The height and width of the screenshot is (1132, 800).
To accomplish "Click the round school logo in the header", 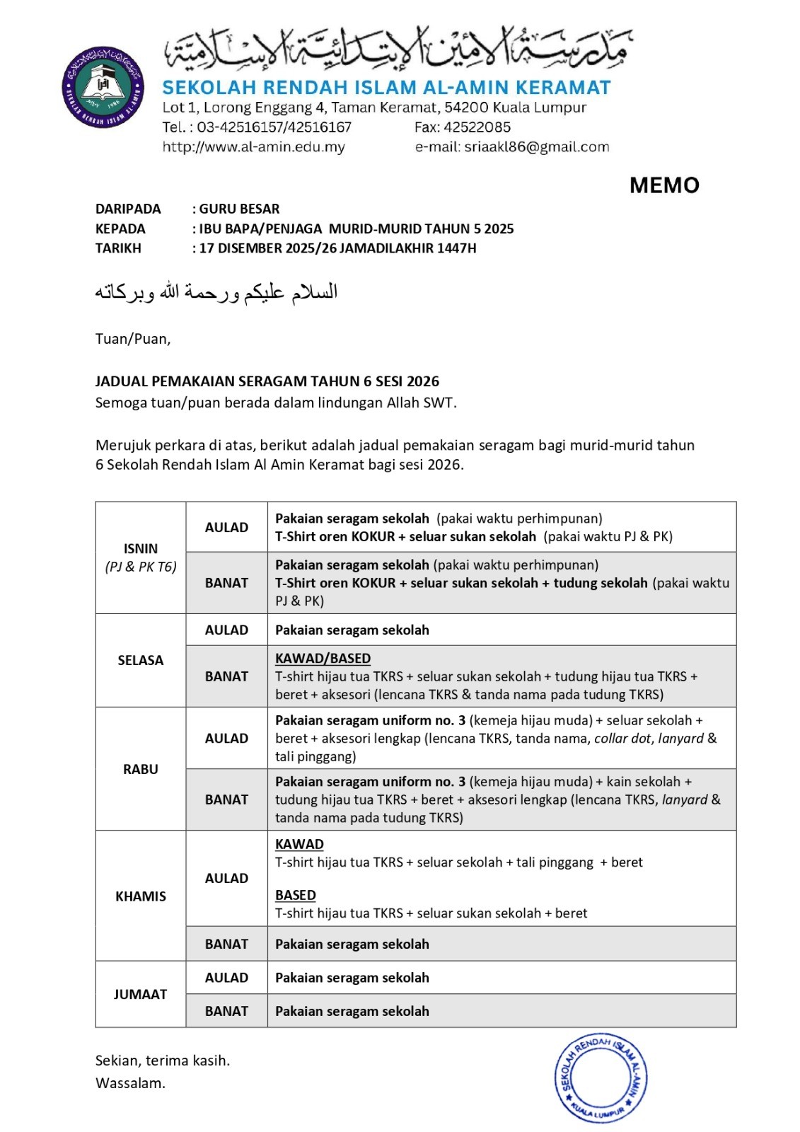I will pyautogui.click(x=103, y=87).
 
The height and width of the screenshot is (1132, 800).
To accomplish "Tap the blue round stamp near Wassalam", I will pyautogui.click(x=601, y=1078).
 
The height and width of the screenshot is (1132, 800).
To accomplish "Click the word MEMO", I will pyautogui.click(x=663, y=185).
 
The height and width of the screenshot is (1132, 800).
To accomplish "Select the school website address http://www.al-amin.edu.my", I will pyautogui.click(x=253, y=147).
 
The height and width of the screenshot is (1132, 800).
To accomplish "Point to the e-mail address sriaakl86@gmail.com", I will pyautogui.click(x=536, y=147).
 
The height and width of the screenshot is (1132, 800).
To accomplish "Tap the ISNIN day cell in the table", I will pyautogui.click(x=140, y=557).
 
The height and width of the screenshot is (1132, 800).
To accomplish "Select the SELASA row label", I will pyautogui.click(x=140, y=660).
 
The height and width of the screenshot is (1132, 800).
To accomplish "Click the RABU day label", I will pyautogui.click(x=140, y=769).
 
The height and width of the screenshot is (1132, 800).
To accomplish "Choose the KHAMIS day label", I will pyautogui.click(x=140, y=896).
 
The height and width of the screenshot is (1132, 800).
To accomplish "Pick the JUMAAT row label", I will pyautogui.click(x=140, y=994).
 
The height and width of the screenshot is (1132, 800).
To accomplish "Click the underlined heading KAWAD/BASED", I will pyautogui.click(x=323, y=658).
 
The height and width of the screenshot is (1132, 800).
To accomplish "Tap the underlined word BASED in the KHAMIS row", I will pyautogui.click(x=295, y=895).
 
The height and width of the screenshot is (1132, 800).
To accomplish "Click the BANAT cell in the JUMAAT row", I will pyautogui.click(x=226, y=1011).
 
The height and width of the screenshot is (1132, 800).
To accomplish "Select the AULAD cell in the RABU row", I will pyautogui.click(x=226, y=738).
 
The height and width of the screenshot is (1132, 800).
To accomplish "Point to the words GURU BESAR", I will pyautogui.click(x=239, y=209).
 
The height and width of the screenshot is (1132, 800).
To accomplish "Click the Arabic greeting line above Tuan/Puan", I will pyautogui.click(x=216, y=292).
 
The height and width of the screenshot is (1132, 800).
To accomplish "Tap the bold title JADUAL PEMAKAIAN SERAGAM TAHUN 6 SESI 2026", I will pyautogui.click(x=267, y=381).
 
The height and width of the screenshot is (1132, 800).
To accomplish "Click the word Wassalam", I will pyautogui.click(x=130, y=1082).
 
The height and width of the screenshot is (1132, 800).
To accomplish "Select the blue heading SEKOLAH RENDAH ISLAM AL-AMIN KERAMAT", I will pyautogui.click(x=386, y=88).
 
